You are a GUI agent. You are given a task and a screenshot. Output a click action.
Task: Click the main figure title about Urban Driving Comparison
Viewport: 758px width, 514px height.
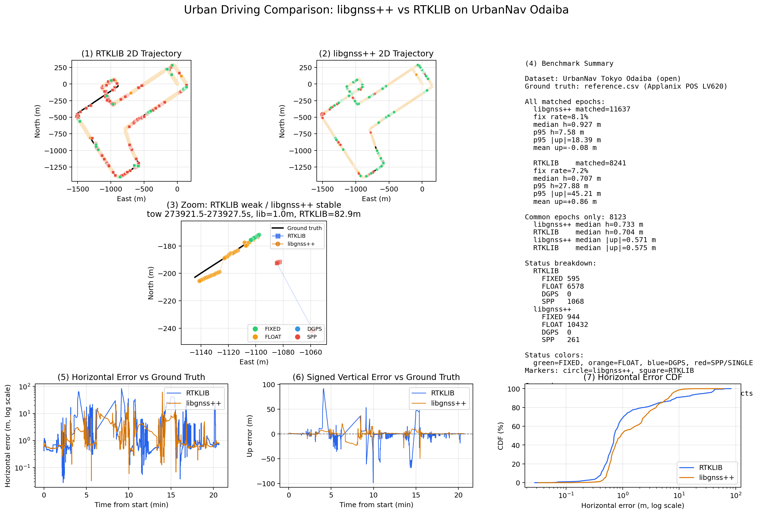376,10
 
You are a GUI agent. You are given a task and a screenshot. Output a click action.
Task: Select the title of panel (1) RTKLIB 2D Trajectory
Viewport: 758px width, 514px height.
131,54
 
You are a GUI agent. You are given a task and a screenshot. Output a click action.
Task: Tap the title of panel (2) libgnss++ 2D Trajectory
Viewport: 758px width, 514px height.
376,54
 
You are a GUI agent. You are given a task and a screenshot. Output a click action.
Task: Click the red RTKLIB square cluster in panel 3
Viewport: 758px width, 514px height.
278,263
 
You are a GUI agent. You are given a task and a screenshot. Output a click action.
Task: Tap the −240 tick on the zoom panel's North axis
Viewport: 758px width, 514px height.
167,329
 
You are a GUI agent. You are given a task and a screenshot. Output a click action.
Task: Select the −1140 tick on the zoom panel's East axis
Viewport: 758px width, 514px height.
201,352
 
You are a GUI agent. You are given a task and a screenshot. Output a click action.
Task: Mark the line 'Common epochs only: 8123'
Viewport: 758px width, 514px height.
575,217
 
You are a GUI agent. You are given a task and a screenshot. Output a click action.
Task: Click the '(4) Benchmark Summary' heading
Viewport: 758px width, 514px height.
569,64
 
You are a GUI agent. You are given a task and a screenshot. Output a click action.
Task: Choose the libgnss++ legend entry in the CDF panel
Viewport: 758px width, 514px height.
716,478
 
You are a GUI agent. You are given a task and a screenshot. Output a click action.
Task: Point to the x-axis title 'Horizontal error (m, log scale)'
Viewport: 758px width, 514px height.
632,505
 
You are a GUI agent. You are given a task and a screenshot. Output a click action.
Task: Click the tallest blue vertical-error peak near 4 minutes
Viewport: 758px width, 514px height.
324,389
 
